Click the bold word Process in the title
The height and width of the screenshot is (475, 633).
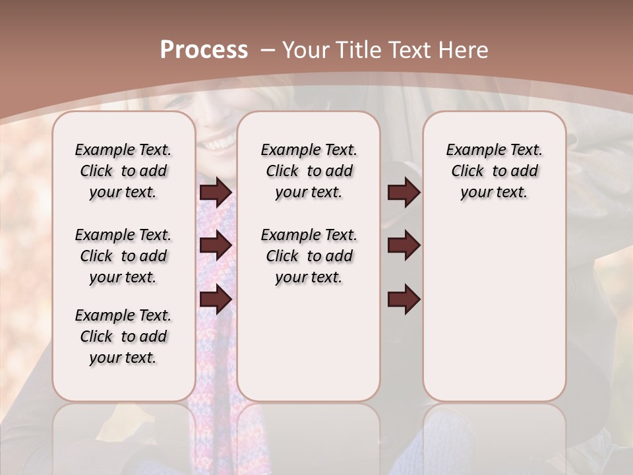[204, 50]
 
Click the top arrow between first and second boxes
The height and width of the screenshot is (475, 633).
[216, 192]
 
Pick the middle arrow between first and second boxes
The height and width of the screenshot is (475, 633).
[216, 245]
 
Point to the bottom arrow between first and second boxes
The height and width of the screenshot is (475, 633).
[216, 300]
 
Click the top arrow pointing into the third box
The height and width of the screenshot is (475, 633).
[404, 192]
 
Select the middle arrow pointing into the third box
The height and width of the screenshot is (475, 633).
[404, 245]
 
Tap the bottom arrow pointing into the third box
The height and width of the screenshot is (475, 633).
[404, 300]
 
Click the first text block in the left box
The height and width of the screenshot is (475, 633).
[123, 171]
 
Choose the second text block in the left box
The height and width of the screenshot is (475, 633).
[123, 256]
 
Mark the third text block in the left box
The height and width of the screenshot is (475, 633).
[123, 336]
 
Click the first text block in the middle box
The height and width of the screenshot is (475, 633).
[309, 171]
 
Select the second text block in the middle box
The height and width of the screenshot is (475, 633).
[309, 256]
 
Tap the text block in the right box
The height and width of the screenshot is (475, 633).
[494, 171]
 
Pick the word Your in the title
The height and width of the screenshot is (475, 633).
[305, 50]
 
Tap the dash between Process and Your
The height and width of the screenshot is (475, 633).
[267, 50]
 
